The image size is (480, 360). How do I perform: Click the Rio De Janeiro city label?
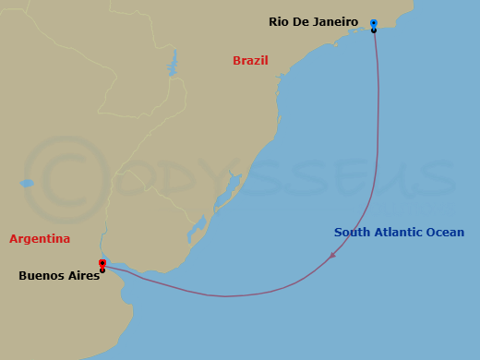pos(314,21)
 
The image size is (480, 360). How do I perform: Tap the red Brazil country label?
pos(250,61)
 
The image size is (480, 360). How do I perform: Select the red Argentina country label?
pos(40,239)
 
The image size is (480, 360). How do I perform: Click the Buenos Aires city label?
pos(59,275)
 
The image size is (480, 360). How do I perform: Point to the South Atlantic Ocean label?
pos(399,233)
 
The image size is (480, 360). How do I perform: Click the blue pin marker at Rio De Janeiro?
pos(374,23)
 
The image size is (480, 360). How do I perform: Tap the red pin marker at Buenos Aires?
pos(102,264)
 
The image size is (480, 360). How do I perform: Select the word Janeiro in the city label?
pos(333,21)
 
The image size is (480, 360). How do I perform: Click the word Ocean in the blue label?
pos(446,233)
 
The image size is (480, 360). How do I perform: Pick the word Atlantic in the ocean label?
pos(397,233)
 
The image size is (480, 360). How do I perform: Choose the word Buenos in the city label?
pos(41,275)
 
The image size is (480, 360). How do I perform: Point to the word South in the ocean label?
pos(352,233)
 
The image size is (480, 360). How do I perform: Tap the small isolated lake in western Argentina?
pos(27,184)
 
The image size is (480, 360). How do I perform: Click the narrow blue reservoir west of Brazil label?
pos(172,63)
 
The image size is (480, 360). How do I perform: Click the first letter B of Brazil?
pos(236,61)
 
